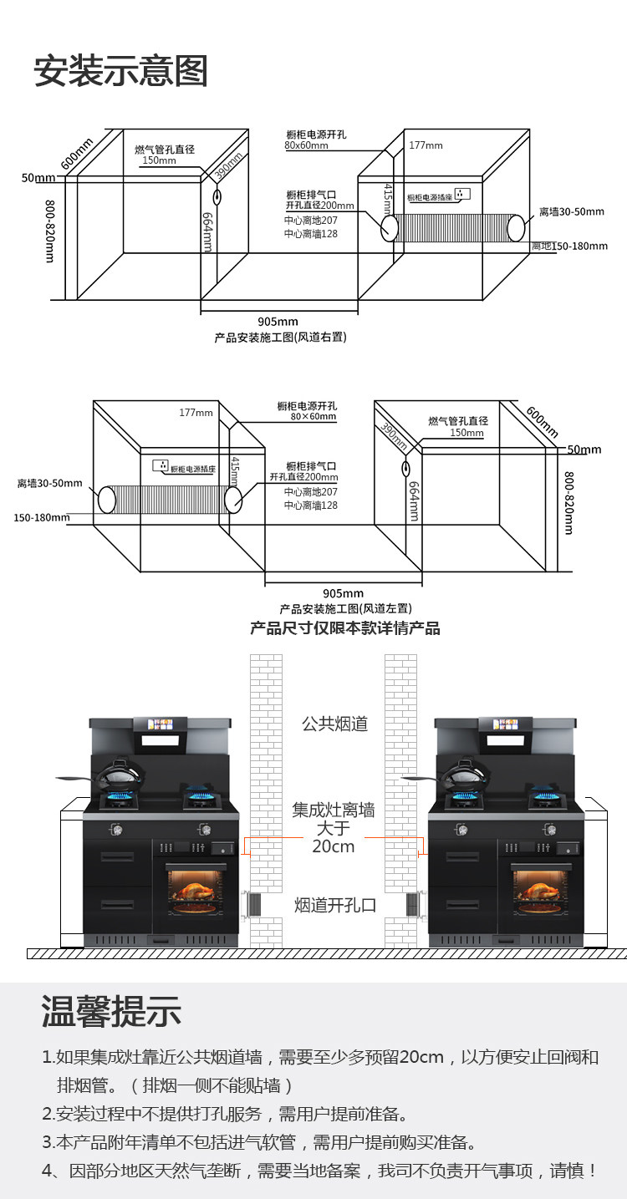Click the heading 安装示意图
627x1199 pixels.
click(120, 71)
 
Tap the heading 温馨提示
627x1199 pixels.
click(111, 1012)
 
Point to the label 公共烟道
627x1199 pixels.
click(334, 724)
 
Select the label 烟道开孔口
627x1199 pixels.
click(334, 905)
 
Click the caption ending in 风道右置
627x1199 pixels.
click(280, 338)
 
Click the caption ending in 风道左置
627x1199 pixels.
click(345, 609)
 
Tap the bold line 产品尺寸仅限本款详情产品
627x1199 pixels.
click(344, 628)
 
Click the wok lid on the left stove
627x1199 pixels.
click(117, 775)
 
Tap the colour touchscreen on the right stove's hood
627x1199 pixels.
click(506, 724)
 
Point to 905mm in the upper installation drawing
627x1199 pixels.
click(278, 322)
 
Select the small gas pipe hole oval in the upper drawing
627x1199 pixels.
click(217, 197)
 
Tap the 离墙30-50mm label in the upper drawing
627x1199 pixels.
click(571, 211)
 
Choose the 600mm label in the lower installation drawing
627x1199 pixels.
click(542, 421)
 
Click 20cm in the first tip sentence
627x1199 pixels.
click(421, 1057)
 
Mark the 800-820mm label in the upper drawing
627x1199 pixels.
click(50, 232)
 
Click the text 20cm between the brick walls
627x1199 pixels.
click(334, 846)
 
